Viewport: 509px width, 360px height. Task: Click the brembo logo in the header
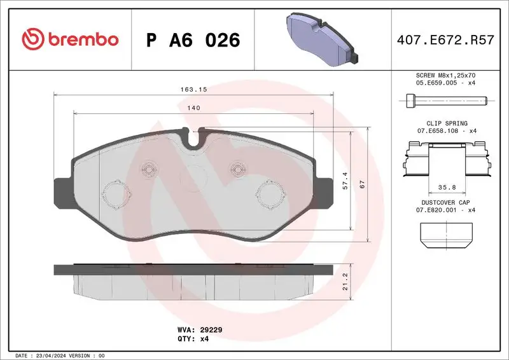point(70,39)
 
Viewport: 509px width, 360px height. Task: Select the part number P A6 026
point(193,40)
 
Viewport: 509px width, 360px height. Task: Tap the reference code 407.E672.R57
point(445,40)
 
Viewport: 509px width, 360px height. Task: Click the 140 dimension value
point(194,108)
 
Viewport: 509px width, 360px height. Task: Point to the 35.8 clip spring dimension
point(446,188)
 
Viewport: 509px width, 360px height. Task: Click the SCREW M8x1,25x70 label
point(446,75)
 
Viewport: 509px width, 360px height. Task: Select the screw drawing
point(446,100)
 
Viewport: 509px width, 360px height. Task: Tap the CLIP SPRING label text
point(446,123)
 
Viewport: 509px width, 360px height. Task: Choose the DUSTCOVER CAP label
point(446,202)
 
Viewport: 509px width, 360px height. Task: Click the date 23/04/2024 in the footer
point(51,355)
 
